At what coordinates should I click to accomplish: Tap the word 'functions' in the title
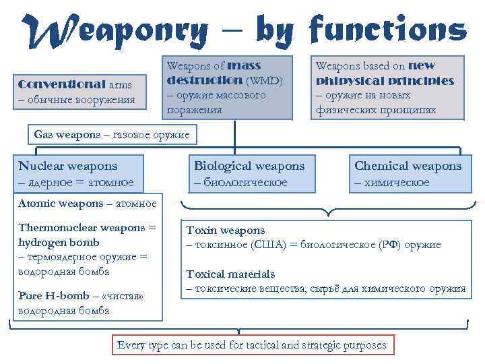387,30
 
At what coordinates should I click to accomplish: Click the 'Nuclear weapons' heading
68,166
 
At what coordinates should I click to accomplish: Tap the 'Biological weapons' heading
249,166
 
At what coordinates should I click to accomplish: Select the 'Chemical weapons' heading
408,166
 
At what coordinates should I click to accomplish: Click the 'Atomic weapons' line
88,203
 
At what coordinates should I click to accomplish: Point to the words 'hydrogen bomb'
59,243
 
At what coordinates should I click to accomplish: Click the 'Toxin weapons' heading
226,231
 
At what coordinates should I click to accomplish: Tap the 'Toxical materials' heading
230,274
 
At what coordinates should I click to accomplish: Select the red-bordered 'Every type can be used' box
252,345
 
